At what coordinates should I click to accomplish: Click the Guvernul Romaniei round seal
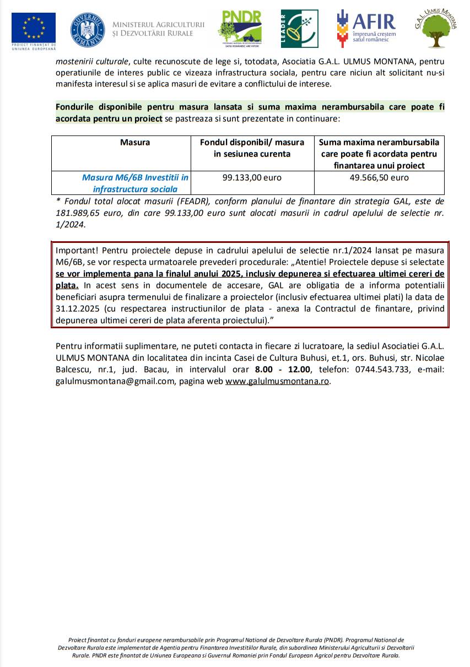pos(88,29)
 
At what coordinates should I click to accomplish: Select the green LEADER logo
pos(299,29)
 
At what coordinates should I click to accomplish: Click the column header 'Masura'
pos(135,142)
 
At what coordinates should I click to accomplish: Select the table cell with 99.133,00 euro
pos(252,178)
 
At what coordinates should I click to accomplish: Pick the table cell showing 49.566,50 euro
pos(379,178)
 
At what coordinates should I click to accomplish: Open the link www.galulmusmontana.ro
pos(277,381)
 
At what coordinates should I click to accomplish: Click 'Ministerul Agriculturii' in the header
pos(158,24)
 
